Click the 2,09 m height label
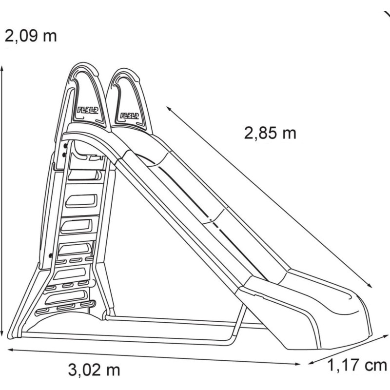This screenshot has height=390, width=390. [31, 36]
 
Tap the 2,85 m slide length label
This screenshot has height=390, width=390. [270, 133]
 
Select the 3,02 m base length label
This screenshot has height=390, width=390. [94, 370]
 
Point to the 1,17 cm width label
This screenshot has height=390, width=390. [357, 366]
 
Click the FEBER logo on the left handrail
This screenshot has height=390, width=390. [88, 110]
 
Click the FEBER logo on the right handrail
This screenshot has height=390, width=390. [130, 116]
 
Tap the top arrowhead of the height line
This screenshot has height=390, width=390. [2, 68]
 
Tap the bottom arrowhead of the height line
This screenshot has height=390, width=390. [2, 333]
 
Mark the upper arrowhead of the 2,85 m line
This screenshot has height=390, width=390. [169, 108]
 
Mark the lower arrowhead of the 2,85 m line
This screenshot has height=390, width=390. [370, 286]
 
